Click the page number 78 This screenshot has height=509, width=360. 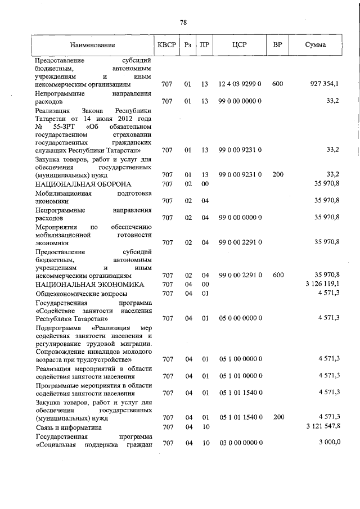[183, 22]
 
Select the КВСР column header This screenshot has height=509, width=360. [166, 44]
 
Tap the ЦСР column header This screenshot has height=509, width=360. [240, 44]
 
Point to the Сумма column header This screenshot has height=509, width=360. [315, 44]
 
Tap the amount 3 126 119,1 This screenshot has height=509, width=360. [321, 285]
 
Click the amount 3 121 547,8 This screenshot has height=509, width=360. [321, 427]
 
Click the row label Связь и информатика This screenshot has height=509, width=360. [68, 427]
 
